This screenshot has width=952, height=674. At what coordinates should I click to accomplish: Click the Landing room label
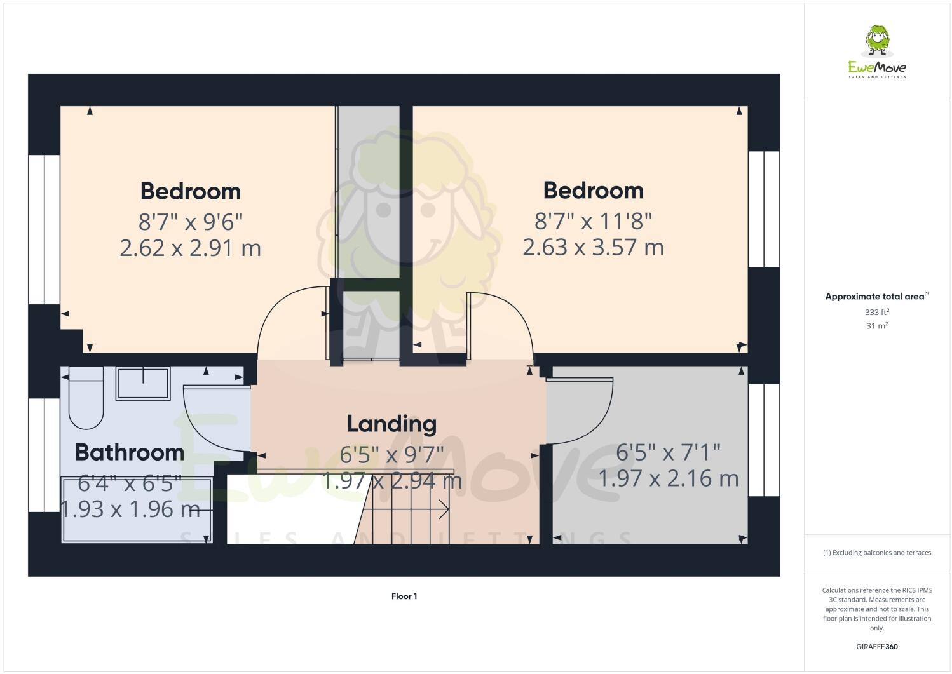391,424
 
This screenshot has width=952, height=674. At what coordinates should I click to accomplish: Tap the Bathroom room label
130,452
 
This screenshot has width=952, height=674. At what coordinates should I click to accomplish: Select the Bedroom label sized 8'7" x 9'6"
191,191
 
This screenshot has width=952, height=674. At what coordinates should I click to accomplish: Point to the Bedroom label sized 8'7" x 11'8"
593,191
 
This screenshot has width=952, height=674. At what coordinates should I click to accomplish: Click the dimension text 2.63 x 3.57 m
593,246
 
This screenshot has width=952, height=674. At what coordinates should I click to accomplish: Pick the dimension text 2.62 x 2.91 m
191,248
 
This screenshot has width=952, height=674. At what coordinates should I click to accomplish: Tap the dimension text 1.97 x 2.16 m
669,478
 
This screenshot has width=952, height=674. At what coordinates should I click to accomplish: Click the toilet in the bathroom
86,400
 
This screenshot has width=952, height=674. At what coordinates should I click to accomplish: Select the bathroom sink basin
143,383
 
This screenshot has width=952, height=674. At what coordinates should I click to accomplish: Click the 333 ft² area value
876,313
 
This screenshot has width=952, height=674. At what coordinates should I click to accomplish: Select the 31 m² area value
876,326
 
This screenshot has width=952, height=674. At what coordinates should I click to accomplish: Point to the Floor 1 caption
404,596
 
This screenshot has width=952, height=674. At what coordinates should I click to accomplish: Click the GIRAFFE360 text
877,647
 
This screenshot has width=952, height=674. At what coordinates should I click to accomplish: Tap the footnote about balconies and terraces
877,553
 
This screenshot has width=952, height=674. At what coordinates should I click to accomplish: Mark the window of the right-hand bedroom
763,209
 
